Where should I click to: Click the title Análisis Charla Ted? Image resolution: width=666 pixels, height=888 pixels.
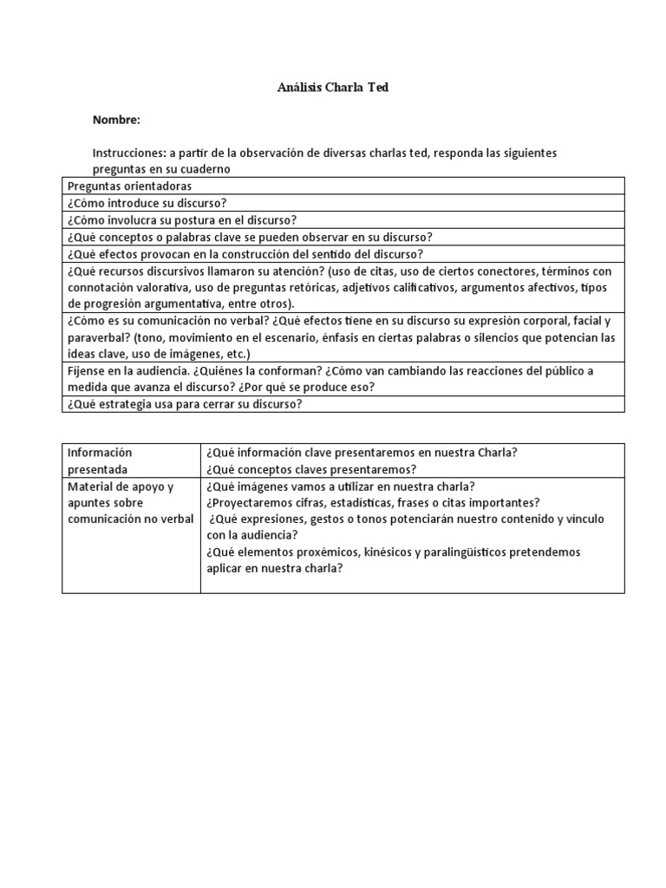(333, 88)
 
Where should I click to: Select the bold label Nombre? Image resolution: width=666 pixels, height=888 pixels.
(116, 120)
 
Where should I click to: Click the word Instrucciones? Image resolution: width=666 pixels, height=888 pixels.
(128, 153)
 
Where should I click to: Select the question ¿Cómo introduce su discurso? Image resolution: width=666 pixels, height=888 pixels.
(147, 203)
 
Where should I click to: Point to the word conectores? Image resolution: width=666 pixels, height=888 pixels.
(496, 271)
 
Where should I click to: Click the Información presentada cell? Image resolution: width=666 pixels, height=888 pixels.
(99, 460)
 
